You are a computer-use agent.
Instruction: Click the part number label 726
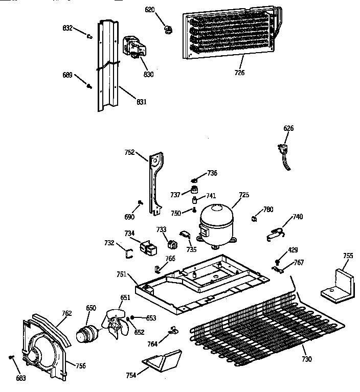[239, 73]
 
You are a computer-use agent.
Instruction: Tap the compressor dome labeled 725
[215, 224]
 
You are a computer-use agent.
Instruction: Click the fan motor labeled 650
[86, 331]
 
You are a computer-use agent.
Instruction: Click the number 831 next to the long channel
[141, 102]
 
